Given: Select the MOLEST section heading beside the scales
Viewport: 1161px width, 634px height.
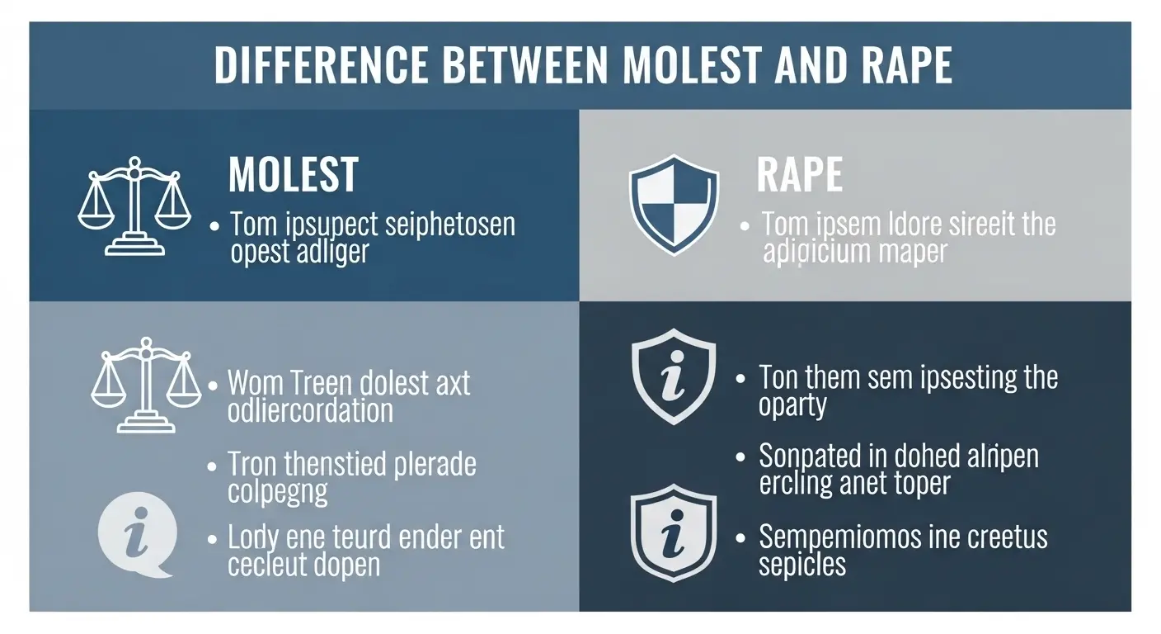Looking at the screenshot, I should tap(293, 174).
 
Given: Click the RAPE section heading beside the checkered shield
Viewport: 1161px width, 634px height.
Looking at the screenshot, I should tap(799, 174).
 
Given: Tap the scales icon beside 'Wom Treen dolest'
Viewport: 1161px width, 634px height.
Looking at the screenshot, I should tap(145, 384).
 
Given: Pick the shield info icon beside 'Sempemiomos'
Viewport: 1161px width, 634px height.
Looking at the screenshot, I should tap(673, 536).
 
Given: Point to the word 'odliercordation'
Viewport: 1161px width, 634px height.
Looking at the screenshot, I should tap(311, 410).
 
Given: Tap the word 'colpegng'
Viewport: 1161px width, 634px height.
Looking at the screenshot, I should tap(277, 491).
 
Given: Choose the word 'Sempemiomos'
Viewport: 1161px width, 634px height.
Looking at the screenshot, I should tap(842, 537).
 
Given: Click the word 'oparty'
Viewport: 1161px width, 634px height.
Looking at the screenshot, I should tap(792, 406).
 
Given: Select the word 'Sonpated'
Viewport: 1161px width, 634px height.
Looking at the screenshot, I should tap(814, 456).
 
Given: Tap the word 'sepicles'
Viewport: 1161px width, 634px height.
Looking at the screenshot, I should tap(801, 565).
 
